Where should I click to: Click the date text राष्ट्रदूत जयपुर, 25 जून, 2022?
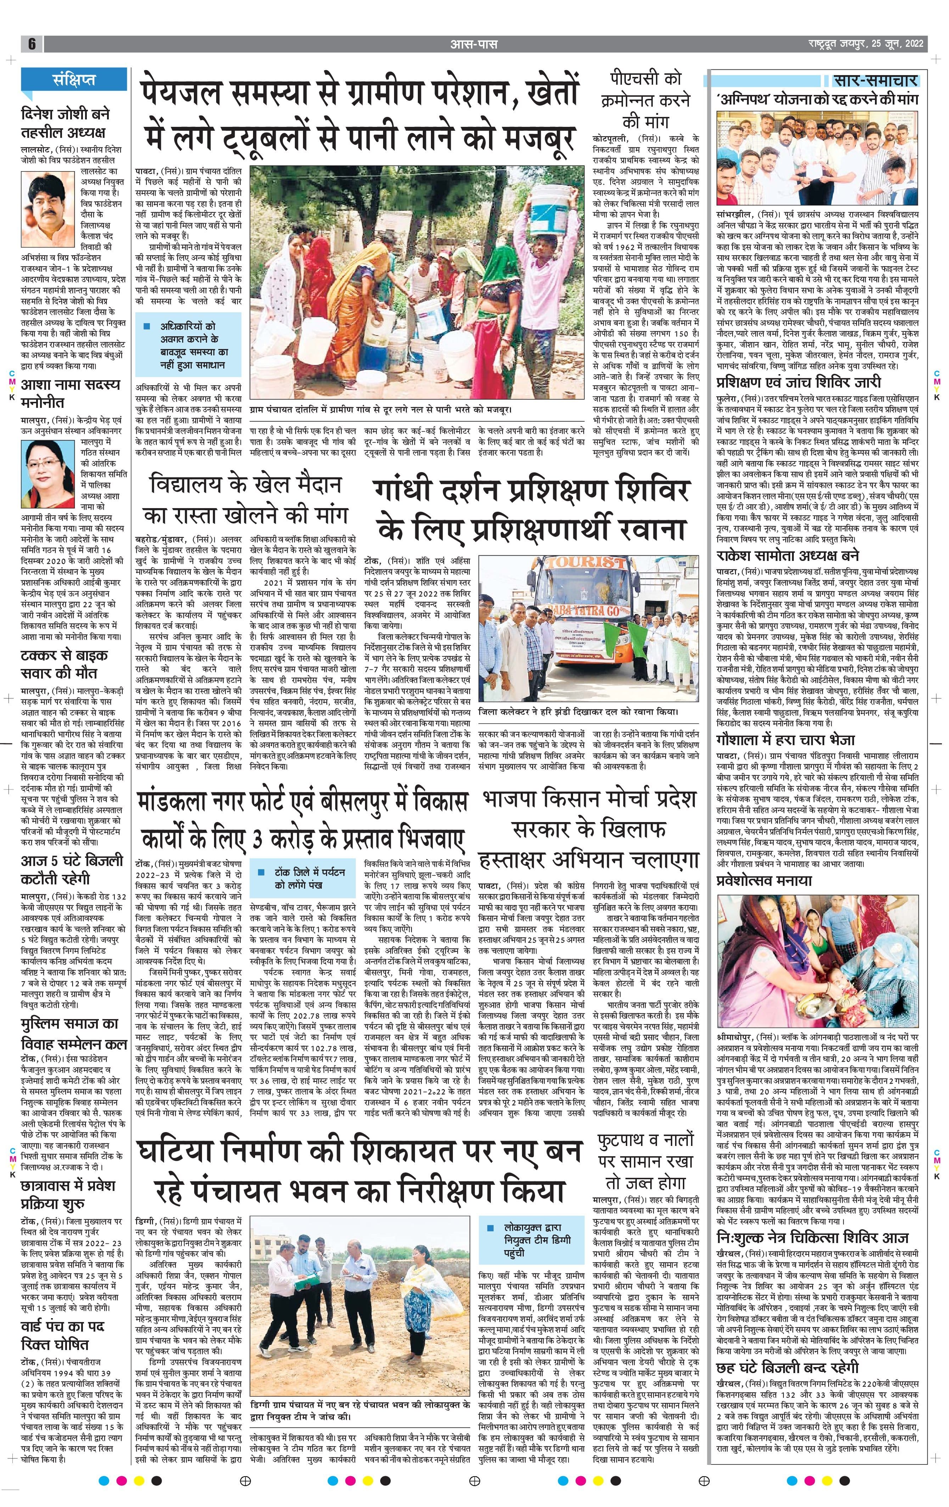click(864, 44)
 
